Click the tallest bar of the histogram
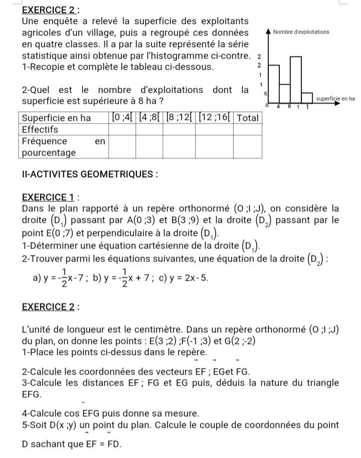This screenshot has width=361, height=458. pos(296,78)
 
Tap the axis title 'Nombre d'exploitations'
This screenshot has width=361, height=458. pos(301,32)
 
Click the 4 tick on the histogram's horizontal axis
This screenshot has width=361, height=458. pos(278,106)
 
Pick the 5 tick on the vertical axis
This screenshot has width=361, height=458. pos(266,94)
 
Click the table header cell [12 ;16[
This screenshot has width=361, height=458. pos(215,118)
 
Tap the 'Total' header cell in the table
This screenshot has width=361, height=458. pos(247,118)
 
